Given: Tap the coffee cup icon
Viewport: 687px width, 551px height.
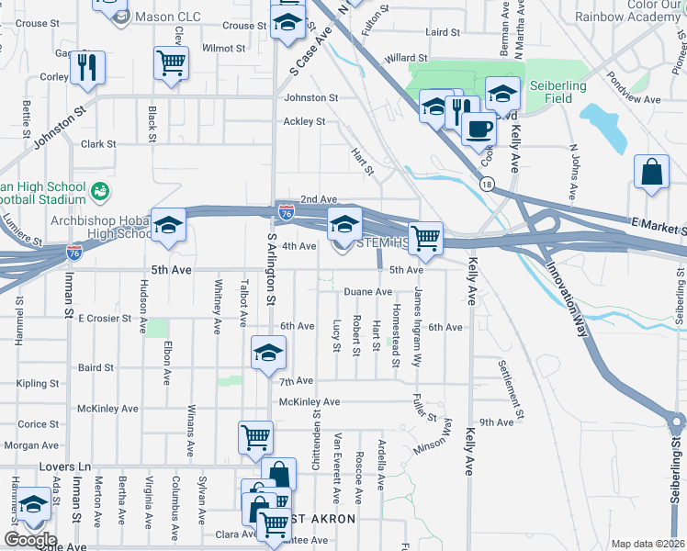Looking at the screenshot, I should coord(477,128).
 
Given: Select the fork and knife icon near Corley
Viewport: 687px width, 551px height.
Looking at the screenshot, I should coord(87,68).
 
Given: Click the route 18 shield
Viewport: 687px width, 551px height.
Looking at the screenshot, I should coord(486,185).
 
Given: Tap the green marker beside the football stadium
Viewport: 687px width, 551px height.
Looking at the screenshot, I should coord(100,192).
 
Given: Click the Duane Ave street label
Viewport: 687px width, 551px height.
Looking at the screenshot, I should coord(367,292).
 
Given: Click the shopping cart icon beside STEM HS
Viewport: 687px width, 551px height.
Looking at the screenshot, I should coord(425,238).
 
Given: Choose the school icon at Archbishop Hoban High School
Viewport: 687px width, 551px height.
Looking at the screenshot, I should coord(168,225).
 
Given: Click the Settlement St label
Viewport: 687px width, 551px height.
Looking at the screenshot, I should coord(512,389).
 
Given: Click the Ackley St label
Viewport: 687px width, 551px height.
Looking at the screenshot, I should coord(304,121).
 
